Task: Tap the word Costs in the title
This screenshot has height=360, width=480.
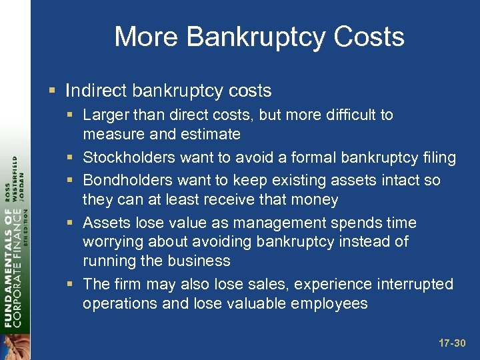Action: tap(371, 37)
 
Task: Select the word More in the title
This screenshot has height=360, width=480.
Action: tap(145, 37)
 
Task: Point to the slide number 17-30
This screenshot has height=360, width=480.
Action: tap(453, 343)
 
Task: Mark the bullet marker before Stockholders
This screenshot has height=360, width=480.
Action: tap(73, 158)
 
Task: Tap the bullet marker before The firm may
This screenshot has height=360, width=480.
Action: tap(73, 284)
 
